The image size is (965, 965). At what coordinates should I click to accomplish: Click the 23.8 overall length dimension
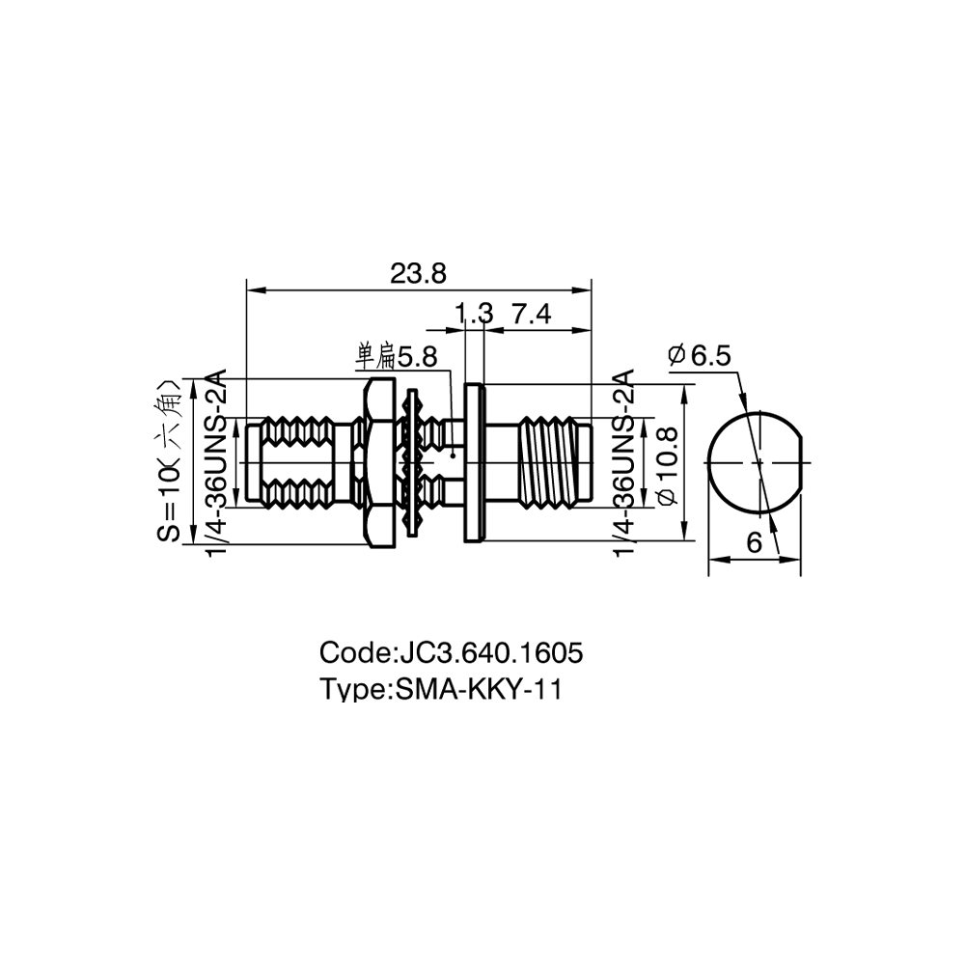418,273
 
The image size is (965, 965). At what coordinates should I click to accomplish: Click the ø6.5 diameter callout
699,355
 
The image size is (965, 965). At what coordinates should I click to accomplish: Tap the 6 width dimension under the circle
754,542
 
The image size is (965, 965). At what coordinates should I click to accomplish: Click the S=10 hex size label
169,461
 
